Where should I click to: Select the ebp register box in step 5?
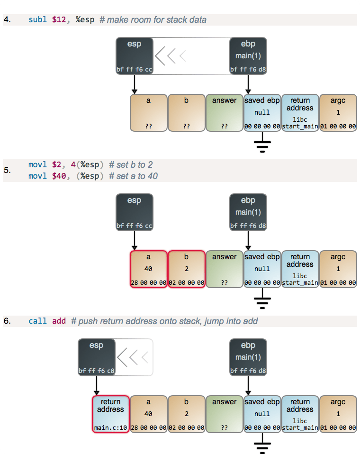tap(248, 212)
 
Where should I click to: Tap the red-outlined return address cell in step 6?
tap(110, 414)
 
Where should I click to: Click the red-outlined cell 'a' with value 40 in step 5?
tap(148, 269)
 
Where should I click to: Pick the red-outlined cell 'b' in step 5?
tap(186, 269)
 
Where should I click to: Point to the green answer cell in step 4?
tap(224, 113)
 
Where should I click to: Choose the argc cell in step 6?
tap(338, 414)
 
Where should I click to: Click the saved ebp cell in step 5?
tap(262, 269)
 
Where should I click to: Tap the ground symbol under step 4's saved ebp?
tap(262, 145)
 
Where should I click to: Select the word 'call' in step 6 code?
tap(37, 321)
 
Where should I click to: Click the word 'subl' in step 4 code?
tap(37, 20)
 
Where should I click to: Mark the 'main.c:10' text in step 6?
tap(110, 428)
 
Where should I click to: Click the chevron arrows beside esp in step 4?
tap(171, 56)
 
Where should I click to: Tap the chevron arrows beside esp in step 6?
tap(133, 357)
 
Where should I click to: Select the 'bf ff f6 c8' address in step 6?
tap(96, 371)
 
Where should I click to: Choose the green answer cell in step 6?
tap(224, 414)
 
